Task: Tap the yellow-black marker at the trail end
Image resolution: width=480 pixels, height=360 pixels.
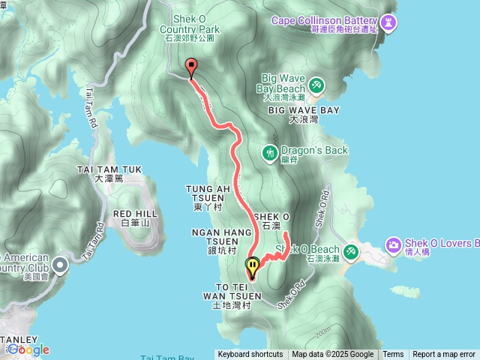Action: pos(253,265)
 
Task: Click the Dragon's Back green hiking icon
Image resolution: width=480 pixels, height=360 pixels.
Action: pos(270,152)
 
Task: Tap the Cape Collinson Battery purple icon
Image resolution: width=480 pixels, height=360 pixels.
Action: pos(388,23)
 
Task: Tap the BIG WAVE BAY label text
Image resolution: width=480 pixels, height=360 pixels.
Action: pos(304,109)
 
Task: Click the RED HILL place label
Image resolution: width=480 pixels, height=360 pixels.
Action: pos(136,218)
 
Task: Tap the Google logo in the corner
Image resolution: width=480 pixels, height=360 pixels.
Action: pos(28,349)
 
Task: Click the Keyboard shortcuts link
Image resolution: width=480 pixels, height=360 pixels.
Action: pos(250,355)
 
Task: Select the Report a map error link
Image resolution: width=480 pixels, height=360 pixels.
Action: pos(444,355)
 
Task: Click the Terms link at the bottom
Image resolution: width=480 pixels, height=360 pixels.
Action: pos(393,355)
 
